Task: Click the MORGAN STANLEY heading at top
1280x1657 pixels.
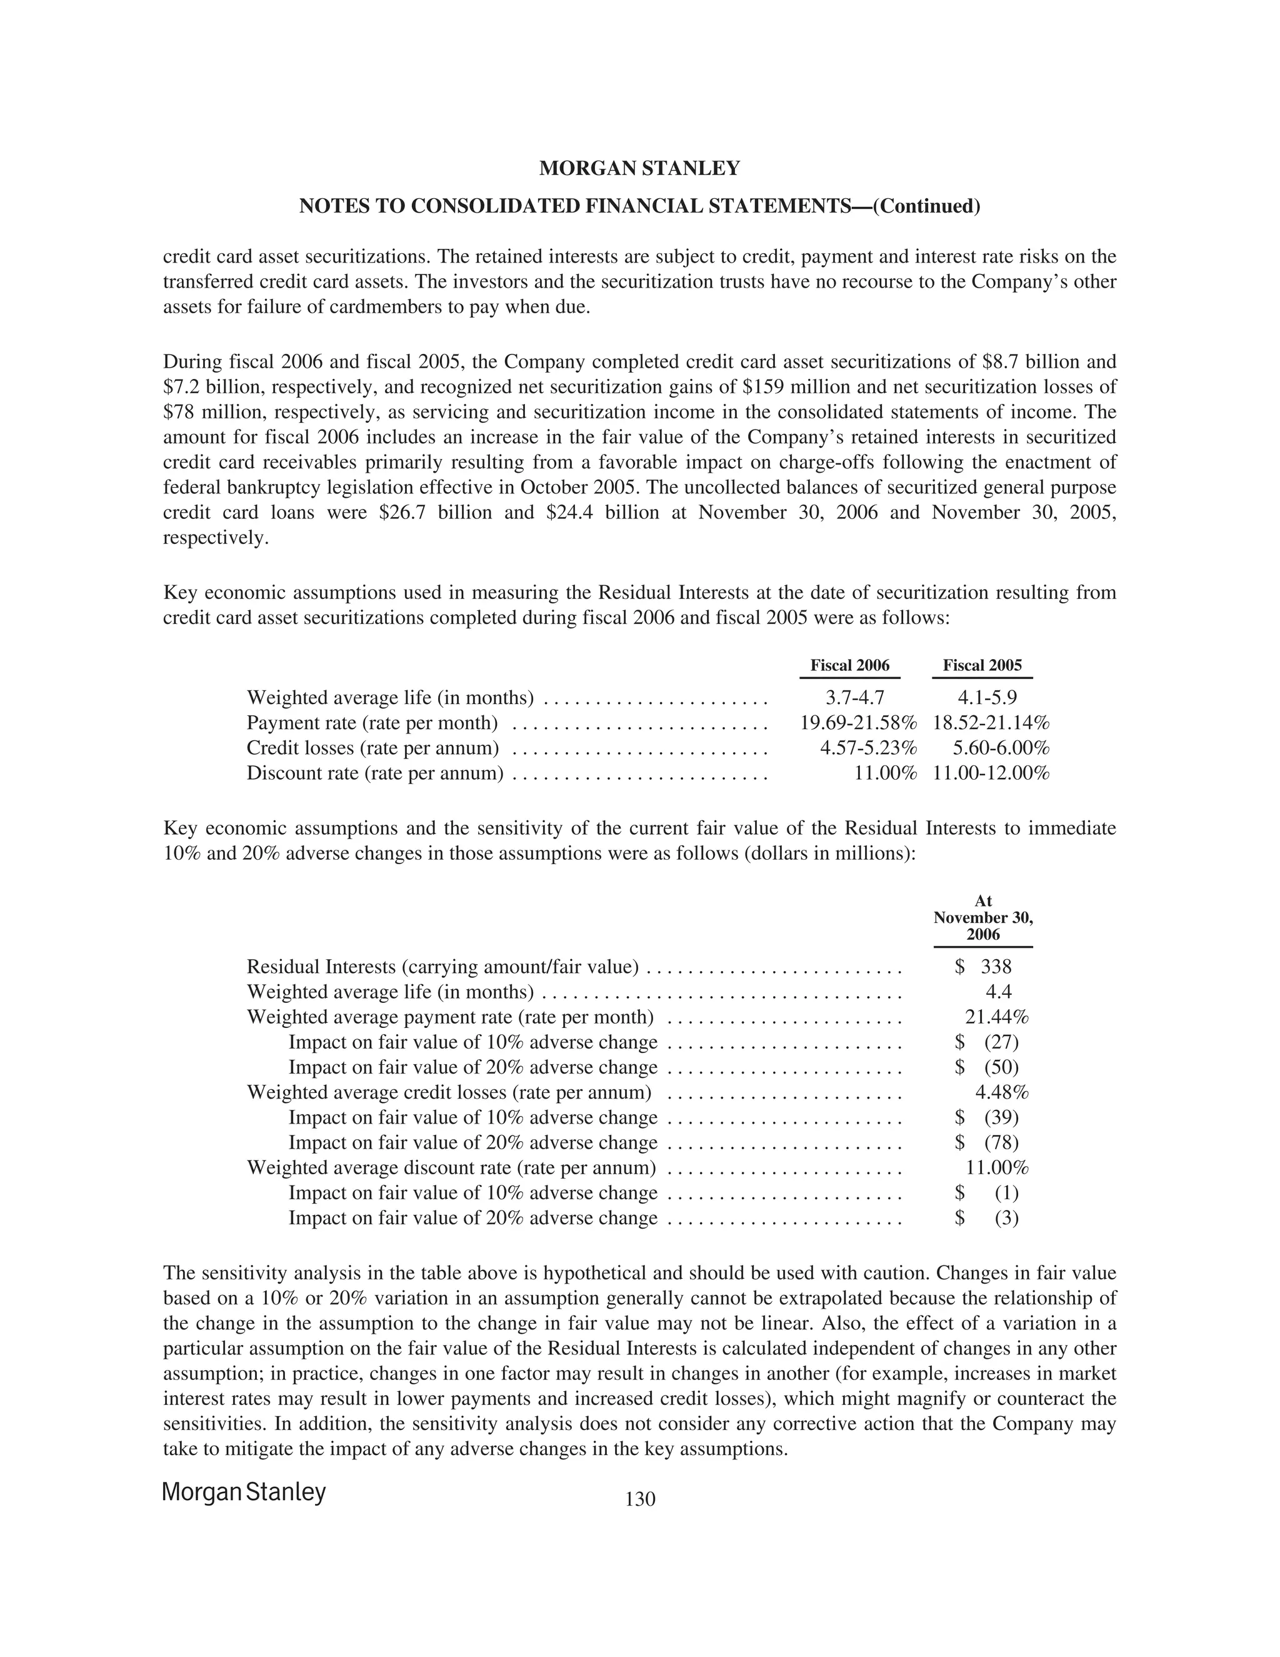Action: (639, 168)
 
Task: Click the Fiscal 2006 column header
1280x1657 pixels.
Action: (849, 665)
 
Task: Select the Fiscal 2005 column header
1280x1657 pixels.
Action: (982, 665)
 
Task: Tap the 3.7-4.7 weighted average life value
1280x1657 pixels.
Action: (854, 697)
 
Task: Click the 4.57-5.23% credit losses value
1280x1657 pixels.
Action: (868, 747)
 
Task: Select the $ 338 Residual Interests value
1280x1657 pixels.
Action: (984, 967)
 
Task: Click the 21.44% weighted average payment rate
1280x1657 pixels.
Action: (996, 1017)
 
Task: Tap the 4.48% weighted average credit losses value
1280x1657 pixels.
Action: (1001, 1092)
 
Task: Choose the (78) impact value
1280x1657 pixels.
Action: (1001, 1142)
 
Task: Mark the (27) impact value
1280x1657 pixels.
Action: (1001, 1042)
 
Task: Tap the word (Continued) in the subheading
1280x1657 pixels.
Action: (927, 206)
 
